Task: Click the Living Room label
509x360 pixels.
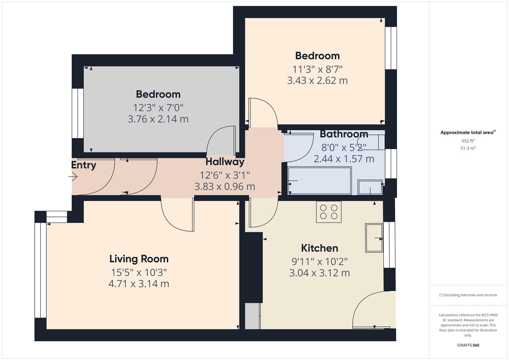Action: point(139,259)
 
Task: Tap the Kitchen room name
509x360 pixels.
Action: point(319,248)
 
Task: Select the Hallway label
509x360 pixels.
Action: point(225,162)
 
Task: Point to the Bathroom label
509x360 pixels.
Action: point(344,134)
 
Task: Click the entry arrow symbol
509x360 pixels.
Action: point(73,177)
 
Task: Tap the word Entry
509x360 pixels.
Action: point(84,165)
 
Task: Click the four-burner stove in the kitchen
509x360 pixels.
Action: point(329,212)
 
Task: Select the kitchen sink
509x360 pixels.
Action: point(374,238)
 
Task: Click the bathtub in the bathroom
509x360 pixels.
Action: point(319,181)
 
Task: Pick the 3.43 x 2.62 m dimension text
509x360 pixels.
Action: point(317,81)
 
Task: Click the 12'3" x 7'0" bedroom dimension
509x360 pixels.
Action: point(158,108)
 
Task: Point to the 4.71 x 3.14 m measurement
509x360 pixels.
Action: point(139,284)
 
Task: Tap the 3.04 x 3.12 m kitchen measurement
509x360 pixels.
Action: point(319,273)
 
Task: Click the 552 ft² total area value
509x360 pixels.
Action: point(468,141)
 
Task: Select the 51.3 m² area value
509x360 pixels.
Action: point(468,148)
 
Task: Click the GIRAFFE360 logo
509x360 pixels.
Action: point(468,345)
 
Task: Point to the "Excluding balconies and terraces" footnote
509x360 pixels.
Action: point(468,295)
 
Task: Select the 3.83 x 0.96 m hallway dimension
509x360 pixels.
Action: point(225,187)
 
